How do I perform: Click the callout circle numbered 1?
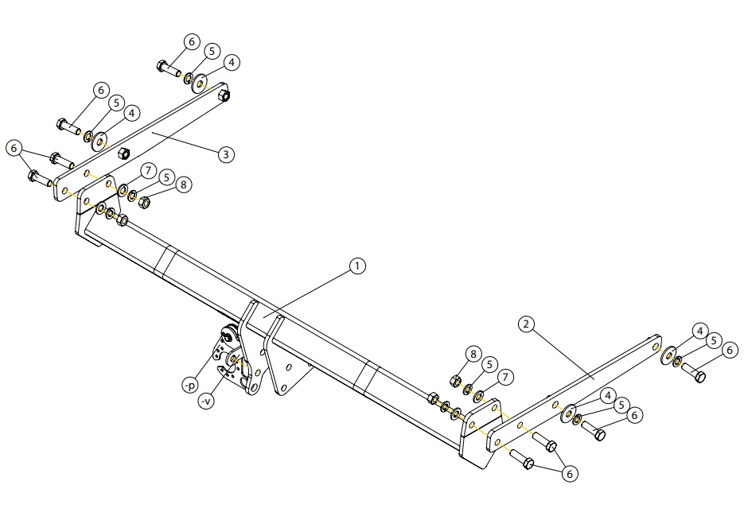[x=357, y=266]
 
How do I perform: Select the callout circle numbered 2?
[x=526, y=324]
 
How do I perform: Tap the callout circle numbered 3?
[x=226, y=154]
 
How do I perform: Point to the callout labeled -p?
[x=190, y=385]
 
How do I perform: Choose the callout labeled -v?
[x=206, y=402]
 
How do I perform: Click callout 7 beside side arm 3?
[x=148, y=170]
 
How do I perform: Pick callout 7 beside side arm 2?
[x=505, y=378]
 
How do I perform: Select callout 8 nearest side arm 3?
[x=184, y=184]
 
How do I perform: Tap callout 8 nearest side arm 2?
[x=473, y=354]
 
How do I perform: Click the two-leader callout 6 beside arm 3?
[x=14, y=148]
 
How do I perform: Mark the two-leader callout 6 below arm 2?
[x=569, y=474]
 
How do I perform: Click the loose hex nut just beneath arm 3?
[x=123, y=153]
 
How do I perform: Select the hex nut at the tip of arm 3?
[x=224, y=95]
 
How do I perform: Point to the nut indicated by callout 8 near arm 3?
[x=145, y=202]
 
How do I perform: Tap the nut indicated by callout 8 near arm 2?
[x=455, y=380]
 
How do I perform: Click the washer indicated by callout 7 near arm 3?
[x=123, y=191]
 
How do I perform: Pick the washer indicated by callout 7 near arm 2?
[x=478, y=395]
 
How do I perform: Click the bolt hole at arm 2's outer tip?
[x=656, y=346]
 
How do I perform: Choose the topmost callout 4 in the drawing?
[x=232, y=63]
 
